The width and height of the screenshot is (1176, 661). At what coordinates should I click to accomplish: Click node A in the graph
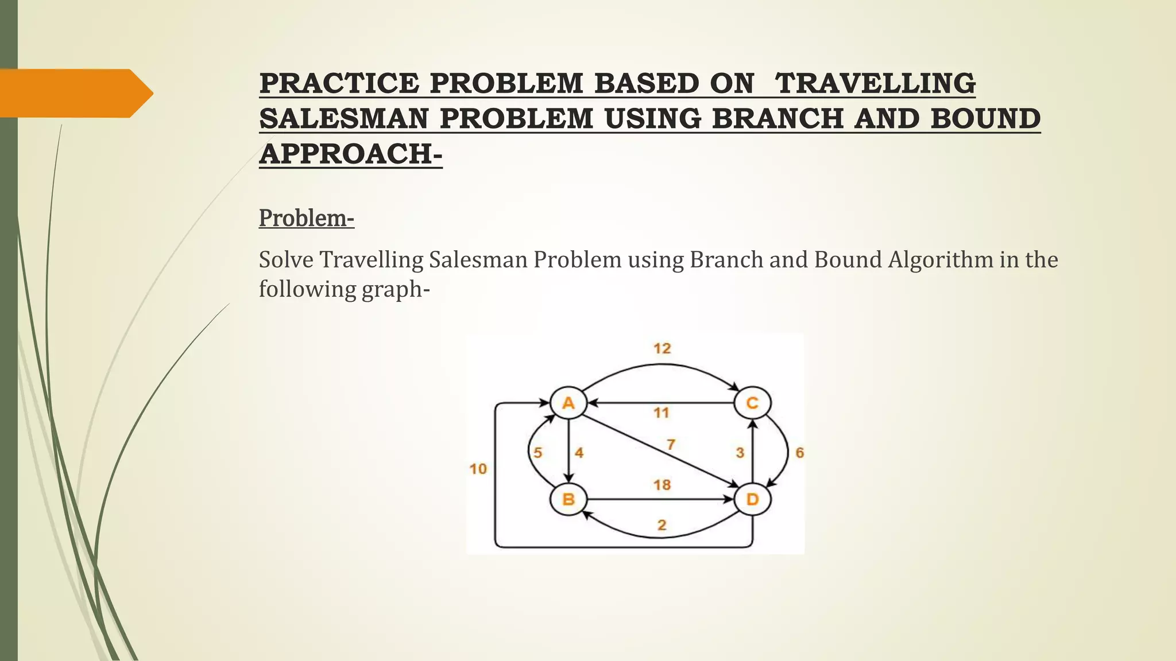coord(568,403)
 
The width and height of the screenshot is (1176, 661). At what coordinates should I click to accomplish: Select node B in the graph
coord(568,499)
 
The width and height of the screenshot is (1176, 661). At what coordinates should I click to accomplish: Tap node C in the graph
coord(752,403)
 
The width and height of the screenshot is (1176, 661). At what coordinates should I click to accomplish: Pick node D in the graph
coord(752,499)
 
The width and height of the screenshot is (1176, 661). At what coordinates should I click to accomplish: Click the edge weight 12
coord(662,348)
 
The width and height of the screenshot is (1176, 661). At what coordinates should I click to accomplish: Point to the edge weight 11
coord(661,413)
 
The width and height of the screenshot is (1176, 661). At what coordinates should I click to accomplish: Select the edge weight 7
coord(671,444)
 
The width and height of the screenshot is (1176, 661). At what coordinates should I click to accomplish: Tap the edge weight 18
coord(662,485)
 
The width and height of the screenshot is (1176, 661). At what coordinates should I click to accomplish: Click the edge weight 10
coord(478,469)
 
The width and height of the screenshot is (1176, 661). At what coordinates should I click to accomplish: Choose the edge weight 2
coord(662,524)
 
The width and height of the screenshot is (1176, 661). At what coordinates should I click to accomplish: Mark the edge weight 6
coord(799,453)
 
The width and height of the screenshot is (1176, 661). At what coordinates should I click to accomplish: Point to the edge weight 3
coord(740,453)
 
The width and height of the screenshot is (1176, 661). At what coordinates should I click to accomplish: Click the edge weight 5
coord(537,453)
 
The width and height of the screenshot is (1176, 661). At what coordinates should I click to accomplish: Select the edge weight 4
coord(579,453)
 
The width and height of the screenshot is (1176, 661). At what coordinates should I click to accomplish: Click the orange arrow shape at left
coord(75,93)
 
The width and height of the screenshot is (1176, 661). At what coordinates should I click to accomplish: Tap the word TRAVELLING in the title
coord(875,83)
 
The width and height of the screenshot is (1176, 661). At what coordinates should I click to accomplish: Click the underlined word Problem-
coord(307,218)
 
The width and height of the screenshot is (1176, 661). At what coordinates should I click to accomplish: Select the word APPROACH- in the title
coord(351,154)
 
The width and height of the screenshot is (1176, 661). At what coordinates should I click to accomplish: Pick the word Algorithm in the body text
coord(941,260)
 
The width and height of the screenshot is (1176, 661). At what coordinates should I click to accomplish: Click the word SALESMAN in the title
coord(344,119)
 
